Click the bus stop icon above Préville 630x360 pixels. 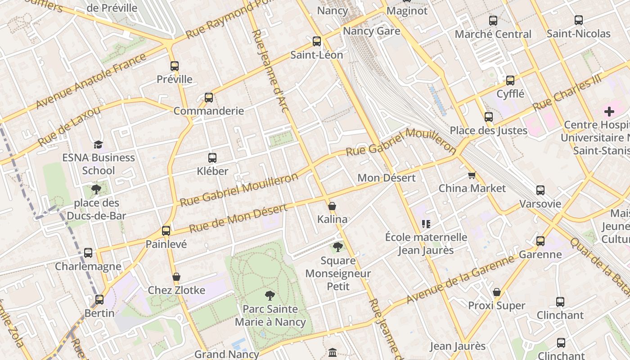tap(175, 66)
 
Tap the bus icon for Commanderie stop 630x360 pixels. tap(209, 98)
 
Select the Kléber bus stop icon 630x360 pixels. tap(212, 158)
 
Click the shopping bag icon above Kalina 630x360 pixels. tap(332, 207)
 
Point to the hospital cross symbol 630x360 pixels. tap(609, 112)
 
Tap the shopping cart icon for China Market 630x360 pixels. tap(472, 175)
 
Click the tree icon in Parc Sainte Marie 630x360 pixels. tap(270, 296)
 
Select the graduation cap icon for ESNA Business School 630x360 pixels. tap(98, 144)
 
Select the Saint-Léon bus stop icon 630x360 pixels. tap(317, 41)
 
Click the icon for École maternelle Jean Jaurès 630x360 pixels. tap(426, 224)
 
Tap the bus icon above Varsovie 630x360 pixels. tap(540, 190)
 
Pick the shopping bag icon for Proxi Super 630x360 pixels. tap(497, 292)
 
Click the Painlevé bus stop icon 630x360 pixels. tap(166, 231)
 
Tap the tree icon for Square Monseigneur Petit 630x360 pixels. tap(338, 247)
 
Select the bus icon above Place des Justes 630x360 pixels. tap(489, 117)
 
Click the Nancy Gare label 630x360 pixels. tap(371, 31)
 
